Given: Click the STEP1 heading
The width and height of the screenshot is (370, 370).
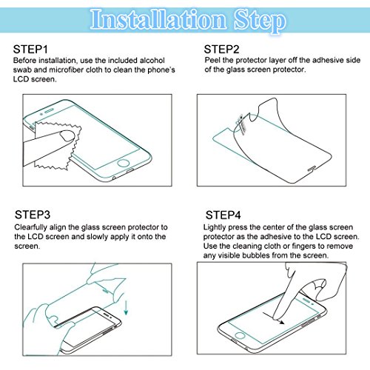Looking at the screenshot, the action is tap(30, 50).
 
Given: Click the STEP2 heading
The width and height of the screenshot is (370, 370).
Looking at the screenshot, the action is tap(221, 50).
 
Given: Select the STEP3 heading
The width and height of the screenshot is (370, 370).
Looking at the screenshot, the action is tap(33, 215).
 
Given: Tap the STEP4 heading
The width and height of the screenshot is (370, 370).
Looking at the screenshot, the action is tap(223, 215).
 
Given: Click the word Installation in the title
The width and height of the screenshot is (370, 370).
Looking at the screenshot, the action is tap(158, 19).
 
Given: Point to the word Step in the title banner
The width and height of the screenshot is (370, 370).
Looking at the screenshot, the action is tap(260, 21).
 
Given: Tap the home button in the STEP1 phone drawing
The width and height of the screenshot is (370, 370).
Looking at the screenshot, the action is tap(123, 163).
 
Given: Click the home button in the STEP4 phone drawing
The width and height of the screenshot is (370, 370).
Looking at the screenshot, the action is tap(240, 335).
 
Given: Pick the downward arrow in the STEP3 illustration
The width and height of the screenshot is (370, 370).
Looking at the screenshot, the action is tap(126, 308).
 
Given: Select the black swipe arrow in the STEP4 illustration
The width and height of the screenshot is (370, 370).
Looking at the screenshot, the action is tap(274, 318).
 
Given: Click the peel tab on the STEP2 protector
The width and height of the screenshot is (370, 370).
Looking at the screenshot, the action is tap(241, 124).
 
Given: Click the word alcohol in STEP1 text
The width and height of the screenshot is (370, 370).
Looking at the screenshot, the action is tap(152, 61).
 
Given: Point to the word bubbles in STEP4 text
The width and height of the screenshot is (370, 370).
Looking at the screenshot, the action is tap(256, 255).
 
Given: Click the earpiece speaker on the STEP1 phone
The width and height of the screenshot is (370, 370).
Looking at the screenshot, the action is tap(49, 110).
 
